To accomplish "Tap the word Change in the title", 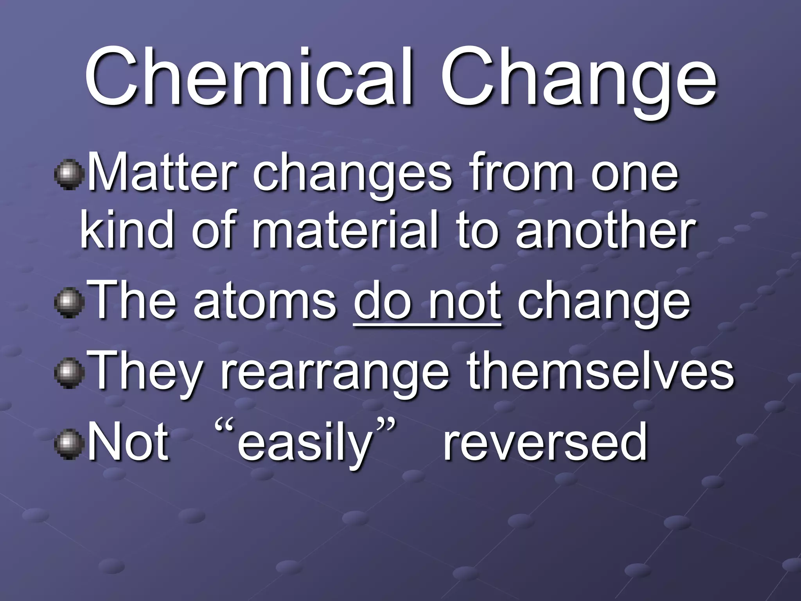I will [x=579, y=82].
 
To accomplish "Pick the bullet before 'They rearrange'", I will [x=69, y=374].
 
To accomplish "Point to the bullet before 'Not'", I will [x=69, y=444].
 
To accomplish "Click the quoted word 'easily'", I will [x=304, y=444].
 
